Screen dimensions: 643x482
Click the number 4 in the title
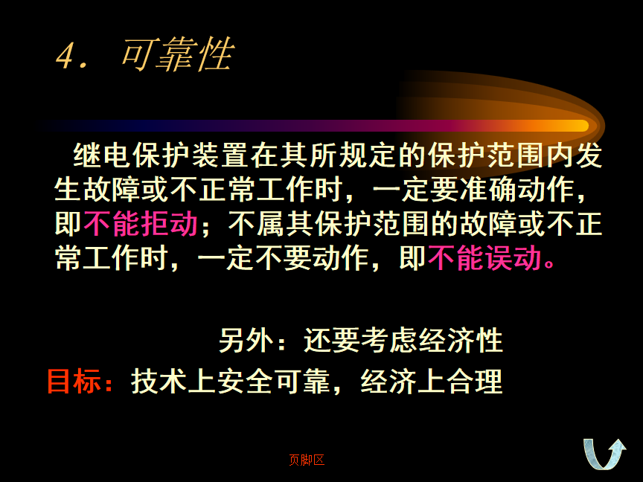[65, 56]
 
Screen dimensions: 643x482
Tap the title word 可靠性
[178, 54]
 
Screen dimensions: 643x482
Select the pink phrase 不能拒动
[141, 224]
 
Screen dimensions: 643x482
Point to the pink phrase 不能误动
[484, 258]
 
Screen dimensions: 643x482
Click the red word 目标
[74, 381]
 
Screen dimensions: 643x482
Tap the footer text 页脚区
[307, 460]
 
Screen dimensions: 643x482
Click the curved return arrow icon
[604, 454]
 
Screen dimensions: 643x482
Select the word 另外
[246, 340]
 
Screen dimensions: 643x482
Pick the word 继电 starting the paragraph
[102, 155]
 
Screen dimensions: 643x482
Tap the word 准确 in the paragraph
[487, 190]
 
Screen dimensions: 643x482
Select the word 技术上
[173, 381]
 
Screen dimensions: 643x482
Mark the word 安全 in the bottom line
[244, 381]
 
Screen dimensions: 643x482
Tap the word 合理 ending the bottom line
[474, 381]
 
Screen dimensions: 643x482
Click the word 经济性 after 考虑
[461, 340]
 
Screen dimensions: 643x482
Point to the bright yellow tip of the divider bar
[581, 126]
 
